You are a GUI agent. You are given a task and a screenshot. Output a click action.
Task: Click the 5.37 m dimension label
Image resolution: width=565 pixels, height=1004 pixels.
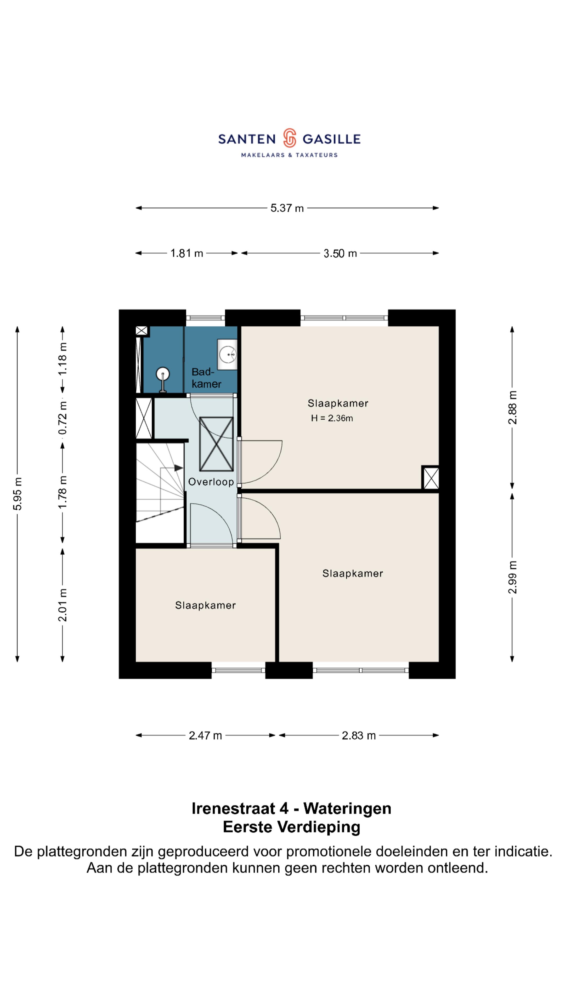coord(287,208)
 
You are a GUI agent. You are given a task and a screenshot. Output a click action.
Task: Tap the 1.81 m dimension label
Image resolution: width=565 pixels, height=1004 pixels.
coord(187,253)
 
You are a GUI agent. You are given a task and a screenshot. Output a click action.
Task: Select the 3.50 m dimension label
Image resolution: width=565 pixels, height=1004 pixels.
coord(340,253)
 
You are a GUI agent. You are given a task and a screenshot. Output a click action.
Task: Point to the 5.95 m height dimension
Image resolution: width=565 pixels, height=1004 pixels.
coord(18,493)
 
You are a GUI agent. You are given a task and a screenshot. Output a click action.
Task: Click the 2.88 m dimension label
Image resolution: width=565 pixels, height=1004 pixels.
coord(512,407)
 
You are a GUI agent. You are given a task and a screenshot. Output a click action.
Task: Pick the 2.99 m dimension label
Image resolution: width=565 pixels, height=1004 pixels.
coord(512,577)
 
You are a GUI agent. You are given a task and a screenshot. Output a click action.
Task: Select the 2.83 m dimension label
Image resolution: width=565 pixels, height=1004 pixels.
coord(359,735)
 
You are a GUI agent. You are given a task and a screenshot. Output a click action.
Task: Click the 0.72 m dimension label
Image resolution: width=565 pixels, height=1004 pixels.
coord(63,418)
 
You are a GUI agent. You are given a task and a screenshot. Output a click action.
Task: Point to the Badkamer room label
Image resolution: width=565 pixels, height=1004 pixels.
coord(206,378)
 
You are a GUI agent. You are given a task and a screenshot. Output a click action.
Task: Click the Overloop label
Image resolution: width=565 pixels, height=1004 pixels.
coord(211,482)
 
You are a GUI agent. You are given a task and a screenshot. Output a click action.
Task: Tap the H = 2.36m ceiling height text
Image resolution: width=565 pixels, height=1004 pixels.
coord(332,418)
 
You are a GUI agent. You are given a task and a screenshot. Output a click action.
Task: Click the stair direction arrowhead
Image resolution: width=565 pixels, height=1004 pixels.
coord(179,468)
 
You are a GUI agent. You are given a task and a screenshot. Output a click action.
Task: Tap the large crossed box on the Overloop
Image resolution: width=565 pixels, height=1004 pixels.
coord(216,444)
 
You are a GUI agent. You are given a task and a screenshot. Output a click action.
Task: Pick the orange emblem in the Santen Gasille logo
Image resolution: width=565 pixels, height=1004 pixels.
coord(289,138)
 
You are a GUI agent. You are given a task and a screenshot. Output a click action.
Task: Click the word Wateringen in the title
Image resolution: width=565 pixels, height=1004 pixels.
coord(347,809)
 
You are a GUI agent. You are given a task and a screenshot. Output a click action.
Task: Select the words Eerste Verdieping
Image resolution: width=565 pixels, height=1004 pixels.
coord(291,828)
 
